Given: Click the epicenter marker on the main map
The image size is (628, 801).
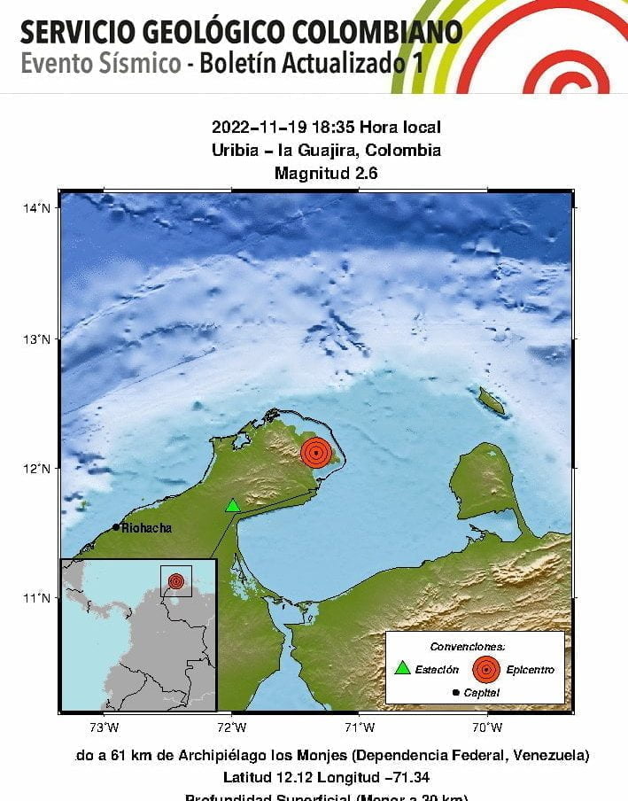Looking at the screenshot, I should click(x=316, y=452).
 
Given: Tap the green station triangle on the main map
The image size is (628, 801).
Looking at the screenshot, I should click(x=232, y=506).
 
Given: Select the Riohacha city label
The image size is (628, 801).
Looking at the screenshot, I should click(x=146, y=528).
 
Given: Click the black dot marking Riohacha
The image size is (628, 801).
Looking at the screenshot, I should click(x=116, y=527).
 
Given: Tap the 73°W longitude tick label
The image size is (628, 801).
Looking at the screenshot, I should click(x=105, y=728).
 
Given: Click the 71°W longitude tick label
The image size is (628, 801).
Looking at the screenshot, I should click(x=360, y=728).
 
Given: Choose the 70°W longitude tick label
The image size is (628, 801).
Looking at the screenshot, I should click(x=487, y=728).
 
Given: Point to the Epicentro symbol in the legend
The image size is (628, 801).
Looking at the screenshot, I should click(x=485, y=669).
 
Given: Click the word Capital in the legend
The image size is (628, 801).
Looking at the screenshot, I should click(x=482, y=693).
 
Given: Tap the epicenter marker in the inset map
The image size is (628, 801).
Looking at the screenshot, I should click(x=176, y=581).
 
